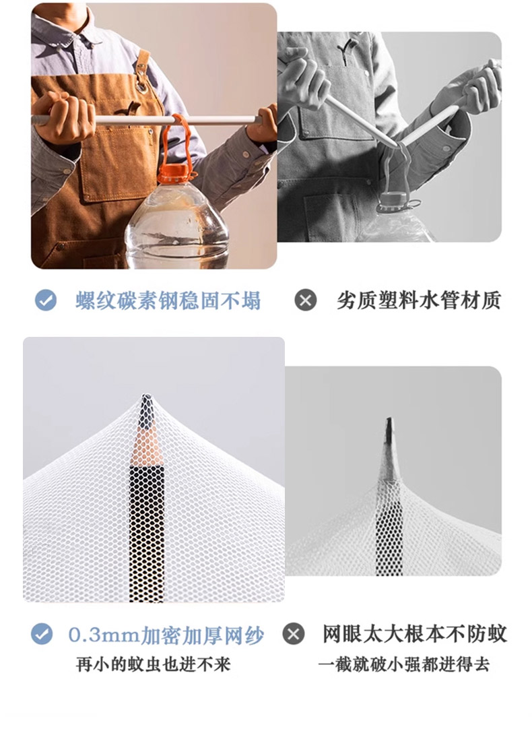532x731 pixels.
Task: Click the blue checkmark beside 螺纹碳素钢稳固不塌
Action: [x=46, y=300]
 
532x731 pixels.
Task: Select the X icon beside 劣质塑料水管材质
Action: [x=306, y=300]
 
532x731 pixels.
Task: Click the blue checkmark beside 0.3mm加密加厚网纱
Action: [x=42, y=634]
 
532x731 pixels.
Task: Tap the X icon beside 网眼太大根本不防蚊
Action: [x=294, y=634]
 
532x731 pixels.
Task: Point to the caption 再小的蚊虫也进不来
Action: [x=154, y=665]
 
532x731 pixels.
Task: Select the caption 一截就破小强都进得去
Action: [x=404, y=665]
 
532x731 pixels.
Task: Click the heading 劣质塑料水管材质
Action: [x=419, y=300]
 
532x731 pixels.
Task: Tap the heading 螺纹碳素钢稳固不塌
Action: [x=168, y=300]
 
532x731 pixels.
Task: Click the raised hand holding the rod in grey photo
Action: [x=471, y=88]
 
